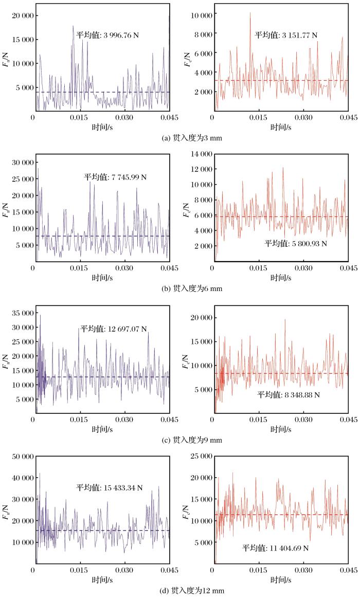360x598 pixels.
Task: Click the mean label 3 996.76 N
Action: pos(109,35)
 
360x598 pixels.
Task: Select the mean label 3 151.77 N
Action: pos(286,35)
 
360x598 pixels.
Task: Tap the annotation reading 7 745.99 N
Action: pos(116,177)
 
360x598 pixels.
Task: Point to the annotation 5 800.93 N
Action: pos(296,243)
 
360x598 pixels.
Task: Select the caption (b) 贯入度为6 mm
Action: pos(179,288)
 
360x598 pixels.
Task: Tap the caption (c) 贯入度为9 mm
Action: pos(179,440)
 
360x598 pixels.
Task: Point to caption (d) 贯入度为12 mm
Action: pos(179,591)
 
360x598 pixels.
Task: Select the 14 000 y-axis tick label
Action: pos(198,154)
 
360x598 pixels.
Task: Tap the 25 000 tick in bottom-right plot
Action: pos(198,456)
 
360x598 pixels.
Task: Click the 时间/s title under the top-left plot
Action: pos(102,126)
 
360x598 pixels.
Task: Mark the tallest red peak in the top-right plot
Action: pos(250,13)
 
